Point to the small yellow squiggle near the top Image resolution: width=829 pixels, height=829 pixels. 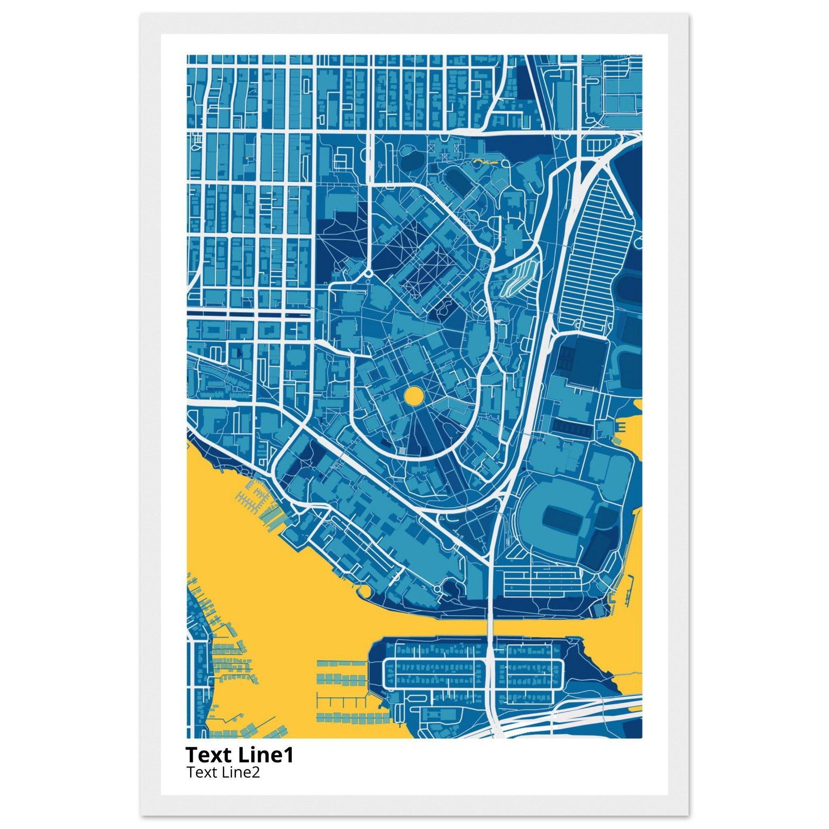(x=484, y=163)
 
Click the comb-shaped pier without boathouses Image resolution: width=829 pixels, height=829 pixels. (x=341, y=701)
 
